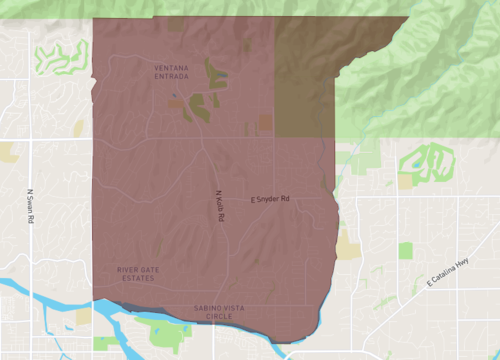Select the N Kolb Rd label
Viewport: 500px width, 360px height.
point(220,206)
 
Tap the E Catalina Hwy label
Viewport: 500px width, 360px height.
point(447,272)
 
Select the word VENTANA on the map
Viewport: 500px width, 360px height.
point(171,66)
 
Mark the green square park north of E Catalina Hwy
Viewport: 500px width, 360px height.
point(406,250)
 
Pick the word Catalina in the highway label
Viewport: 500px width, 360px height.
point(444,274)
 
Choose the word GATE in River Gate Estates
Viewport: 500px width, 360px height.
point(140,269)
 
